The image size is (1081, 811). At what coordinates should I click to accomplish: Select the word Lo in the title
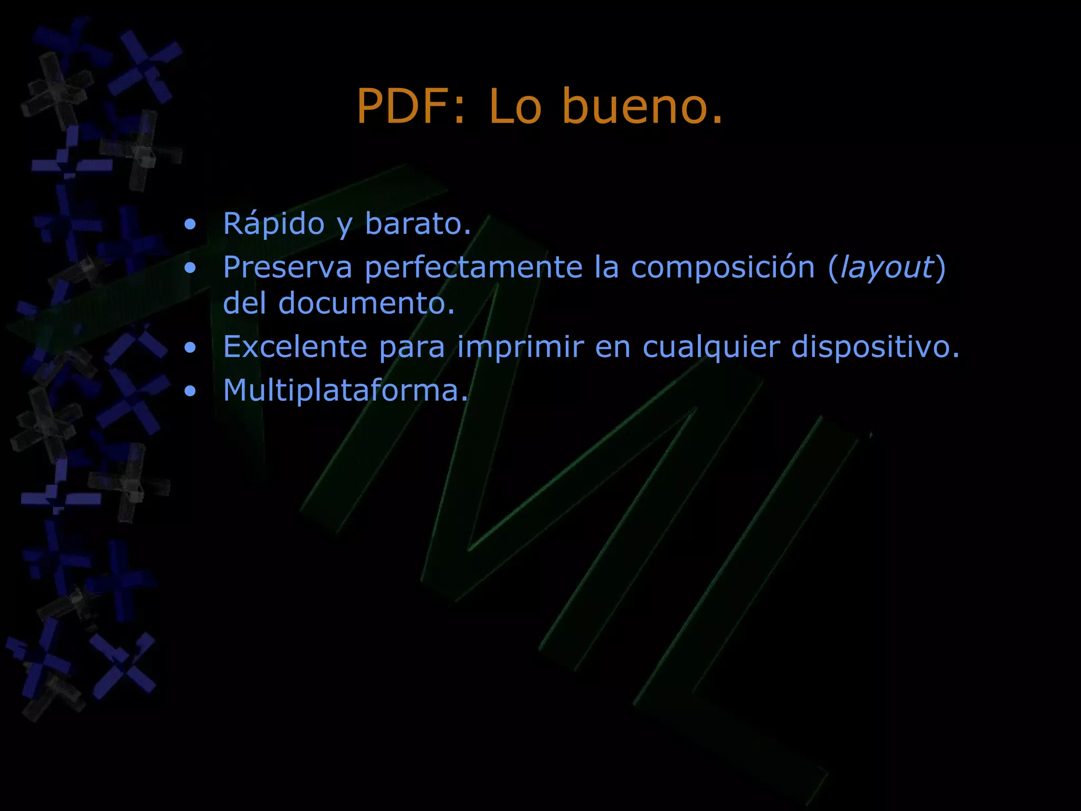(x=515, y=107)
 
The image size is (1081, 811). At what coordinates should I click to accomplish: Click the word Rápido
(x=273, y=223)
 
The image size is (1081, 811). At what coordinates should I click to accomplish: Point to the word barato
(x=417, y=223)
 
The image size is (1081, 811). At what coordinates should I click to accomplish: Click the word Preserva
(x=287, y=267)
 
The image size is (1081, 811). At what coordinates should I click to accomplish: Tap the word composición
(x=723, y=267)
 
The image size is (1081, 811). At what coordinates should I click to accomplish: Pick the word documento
(x=366, y=304)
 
